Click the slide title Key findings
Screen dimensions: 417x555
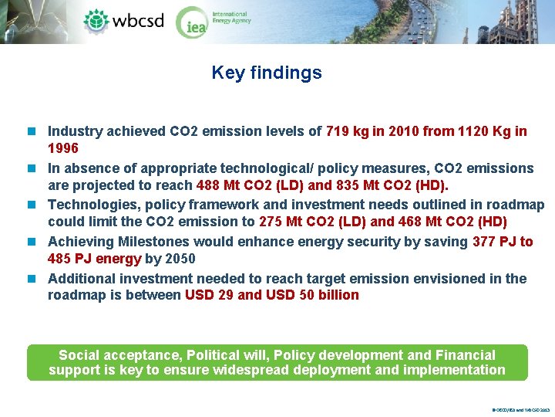pyautogui.click(x=267, y=73)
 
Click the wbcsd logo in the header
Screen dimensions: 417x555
pyautogui.click(x=124, y=20)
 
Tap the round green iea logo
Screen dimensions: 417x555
pyautogui.click(x=191, y=22)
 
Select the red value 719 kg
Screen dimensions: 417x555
pyautogui.click(x=348, y=131)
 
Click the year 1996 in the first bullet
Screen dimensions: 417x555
pyautogui.click(x=63, y=147)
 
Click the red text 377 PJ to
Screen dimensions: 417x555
pyautogui.click(x=503, y=242)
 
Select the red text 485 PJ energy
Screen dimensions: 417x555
pyautogui.click(x=94, y=259)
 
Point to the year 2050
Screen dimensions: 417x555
pyautogui.click(x=179, y=259)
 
